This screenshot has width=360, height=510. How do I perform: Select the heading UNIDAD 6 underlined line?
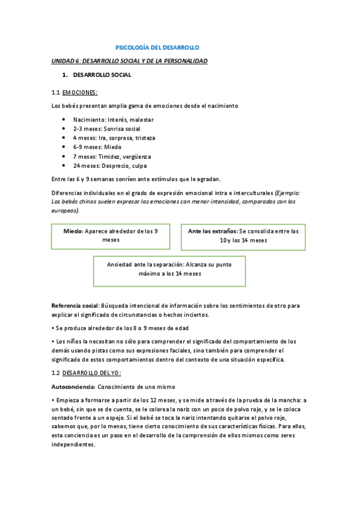coord(130,61)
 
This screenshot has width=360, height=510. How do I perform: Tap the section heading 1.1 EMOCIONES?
coord(75,92)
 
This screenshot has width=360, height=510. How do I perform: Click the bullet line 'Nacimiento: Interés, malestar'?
coord(113,120)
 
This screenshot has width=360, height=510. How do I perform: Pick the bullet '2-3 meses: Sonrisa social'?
coord(106,129)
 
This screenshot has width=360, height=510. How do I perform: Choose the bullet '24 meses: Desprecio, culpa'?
coord(109,165)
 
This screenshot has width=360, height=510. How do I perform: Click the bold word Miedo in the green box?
coord(73,231)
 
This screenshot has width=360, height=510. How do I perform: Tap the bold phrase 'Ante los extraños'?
coord(212,231)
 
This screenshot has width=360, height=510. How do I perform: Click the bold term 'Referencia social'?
coord(75,306)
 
